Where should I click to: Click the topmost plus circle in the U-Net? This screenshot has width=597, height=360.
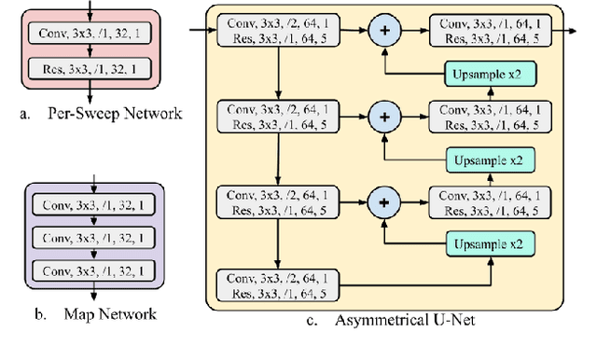pyautogui.click(x=383, y=31)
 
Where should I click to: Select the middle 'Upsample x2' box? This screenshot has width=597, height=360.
pyautogui.click(x=490, y=160)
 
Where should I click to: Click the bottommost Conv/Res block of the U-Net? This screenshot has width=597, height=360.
pyautogui.click(x=278, y=284)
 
